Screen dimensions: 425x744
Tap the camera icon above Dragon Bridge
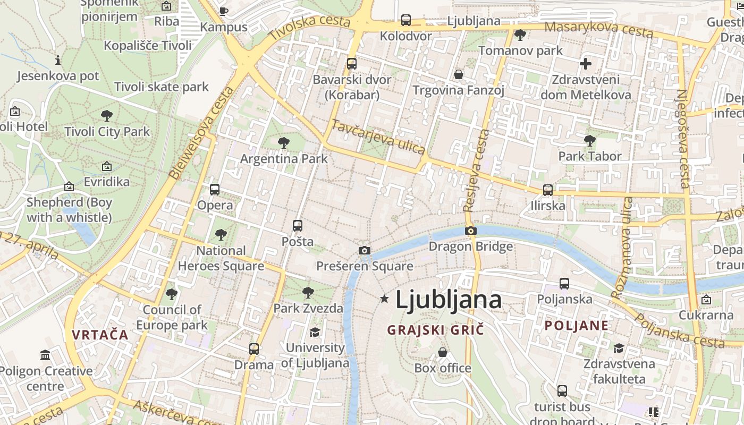point(470,231)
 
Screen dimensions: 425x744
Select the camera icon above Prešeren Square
point(364,250)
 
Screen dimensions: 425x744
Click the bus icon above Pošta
point(298,225)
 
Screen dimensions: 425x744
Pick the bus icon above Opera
point(215,189)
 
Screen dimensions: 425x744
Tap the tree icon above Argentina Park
point(284,142)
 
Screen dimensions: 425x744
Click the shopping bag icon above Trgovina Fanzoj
point(459,74)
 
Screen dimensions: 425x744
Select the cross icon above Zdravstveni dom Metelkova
point(585,64)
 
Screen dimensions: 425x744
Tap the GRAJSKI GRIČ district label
point(435,330)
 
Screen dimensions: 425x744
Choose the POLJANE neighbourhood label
point(577,326)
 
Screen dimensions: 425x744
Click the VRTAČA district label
point(100,335)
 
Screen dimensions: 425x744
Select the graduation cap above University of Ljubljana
point(315,332)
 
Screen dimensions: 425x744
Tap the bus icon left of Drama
point(254,349)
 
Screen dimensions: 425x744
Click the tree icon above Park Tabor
point(589,140)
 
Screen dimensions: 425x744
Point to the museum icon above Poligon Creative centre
point(45,355)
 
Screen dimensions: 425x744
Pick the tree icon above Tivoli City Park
point(107,115)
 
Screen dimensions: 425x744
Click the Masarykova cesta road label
point(599,30)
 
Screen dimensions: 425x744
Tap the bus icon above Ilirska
point(548,190)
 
